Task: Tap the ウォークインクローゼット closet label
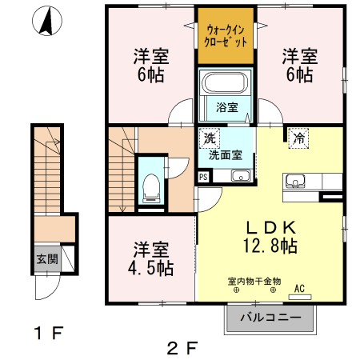click(226, 34)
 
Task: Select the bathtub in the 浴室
click(225, 83)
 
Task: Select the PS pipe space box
click(203, 178)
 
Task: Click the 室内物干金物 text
click(254, 281)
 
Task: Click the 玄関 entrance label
click(45, 258)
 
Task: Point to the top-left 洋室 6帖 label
click(150, 66)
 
